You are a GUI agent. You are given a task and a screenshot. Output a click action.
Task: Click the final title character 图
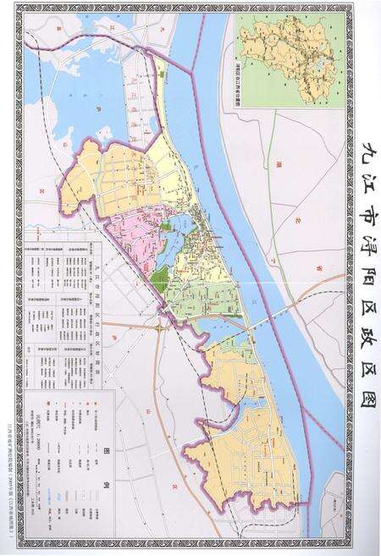[363, 399]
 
